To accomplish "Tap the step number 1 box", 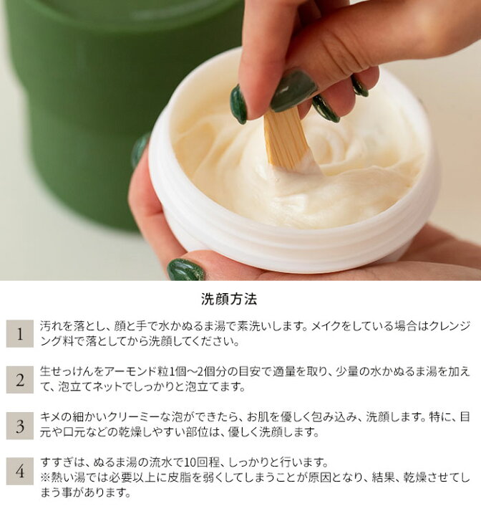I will pyautogui.click(x=20, y=334).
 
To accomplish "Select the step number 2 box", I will pyautogui.click(x=20, y=379).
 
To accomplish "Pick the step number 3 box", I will pyautogui.click(x=20, y=426).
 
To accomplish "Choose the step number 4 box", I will pyautogui.click(x=20, y=472).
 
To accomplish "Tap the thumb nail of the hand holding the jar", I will pyautogui.click(x=185, y=270).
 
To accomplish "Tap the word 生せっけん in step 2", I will pyautogui.click(x=69, y=372).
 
